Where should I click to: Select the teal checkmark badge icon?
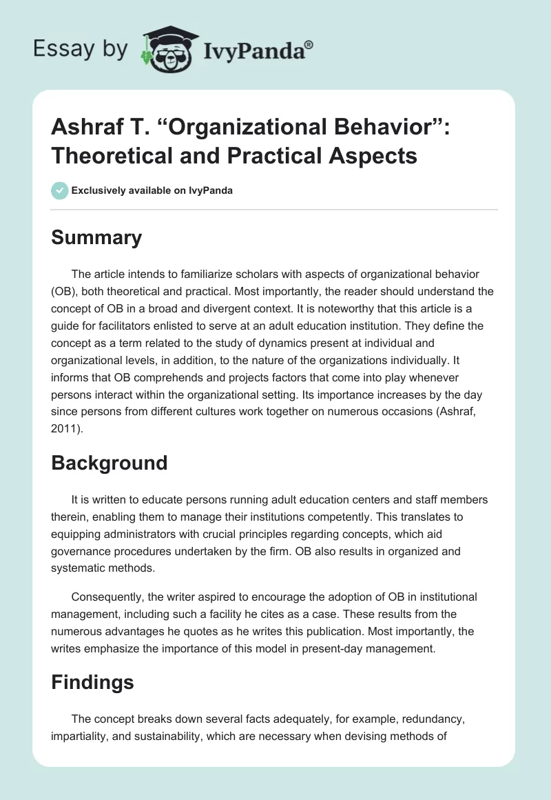click(60, 190)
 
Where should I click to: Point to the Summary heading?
click(96, 237)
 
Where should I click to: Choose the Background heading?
click(109, 462)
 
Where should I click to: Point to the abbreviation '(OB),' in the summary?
click(67, 292)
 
